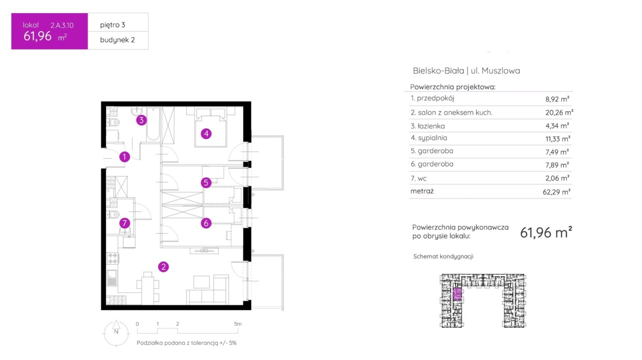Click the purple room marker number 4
coord(206,133)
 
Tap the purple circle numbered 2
coord(164,267)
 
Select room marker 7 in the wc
coord(124,223)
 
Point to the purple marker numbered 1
coord(124,157)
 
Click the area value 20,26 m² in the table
coord(559,112)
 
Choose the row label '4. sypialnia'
coord(429,138)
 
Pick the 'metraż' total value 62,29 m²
coord(556,192)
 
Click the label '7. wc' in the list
coord(418,178)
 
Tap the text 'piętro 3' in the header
coord(112,25)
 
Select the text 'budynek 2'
coord(117,40)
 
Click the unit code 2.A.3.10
coord(62,25)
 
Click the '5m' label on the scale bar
coord(238,324)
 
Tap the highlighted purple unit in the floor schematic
coord(457,294)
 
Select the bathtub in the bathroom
coord(153,124)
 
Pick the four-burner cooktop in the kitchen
coord(112,258)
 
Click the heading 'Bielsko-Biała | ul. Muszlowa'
coord(466,71)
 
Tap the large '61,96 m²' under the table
coord(546,232)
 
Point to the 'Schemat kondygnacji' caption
coord(443,257)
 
